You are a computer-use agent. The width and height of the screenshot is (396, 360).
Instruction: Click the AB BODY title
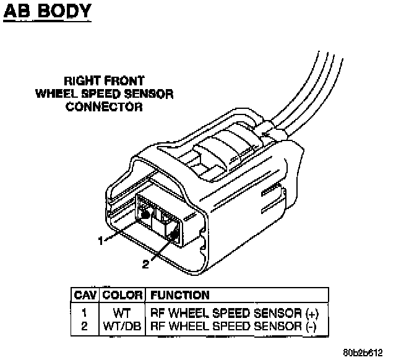48,11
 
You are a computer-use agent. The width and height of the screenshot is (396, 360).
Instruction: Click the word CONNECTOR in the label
104,107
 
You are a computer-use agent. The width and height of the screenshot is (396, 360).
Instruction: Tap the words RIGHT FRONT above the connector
105,80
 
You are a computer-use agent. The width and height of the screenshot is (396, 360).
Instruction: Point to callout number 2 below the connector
145,264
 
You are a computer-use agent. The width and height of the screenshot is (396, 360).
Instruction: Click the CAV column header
84,296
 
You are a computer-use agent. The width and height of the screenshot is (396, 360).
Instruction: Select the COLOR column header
123,296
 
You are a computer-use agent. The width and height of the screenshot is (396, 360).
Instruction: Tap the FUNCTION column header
179,296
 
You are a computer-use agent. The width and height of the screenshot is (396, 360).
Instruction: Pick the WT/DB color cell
123,325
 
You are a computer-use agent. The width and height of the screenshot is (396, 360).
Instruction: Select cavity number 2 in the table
84,325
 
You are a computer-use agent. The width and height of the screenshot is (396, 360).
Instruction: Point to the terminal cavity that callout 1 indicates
145,215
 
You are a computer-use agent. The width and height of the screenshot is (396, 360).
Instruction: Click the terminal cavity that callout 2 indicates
174,234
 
